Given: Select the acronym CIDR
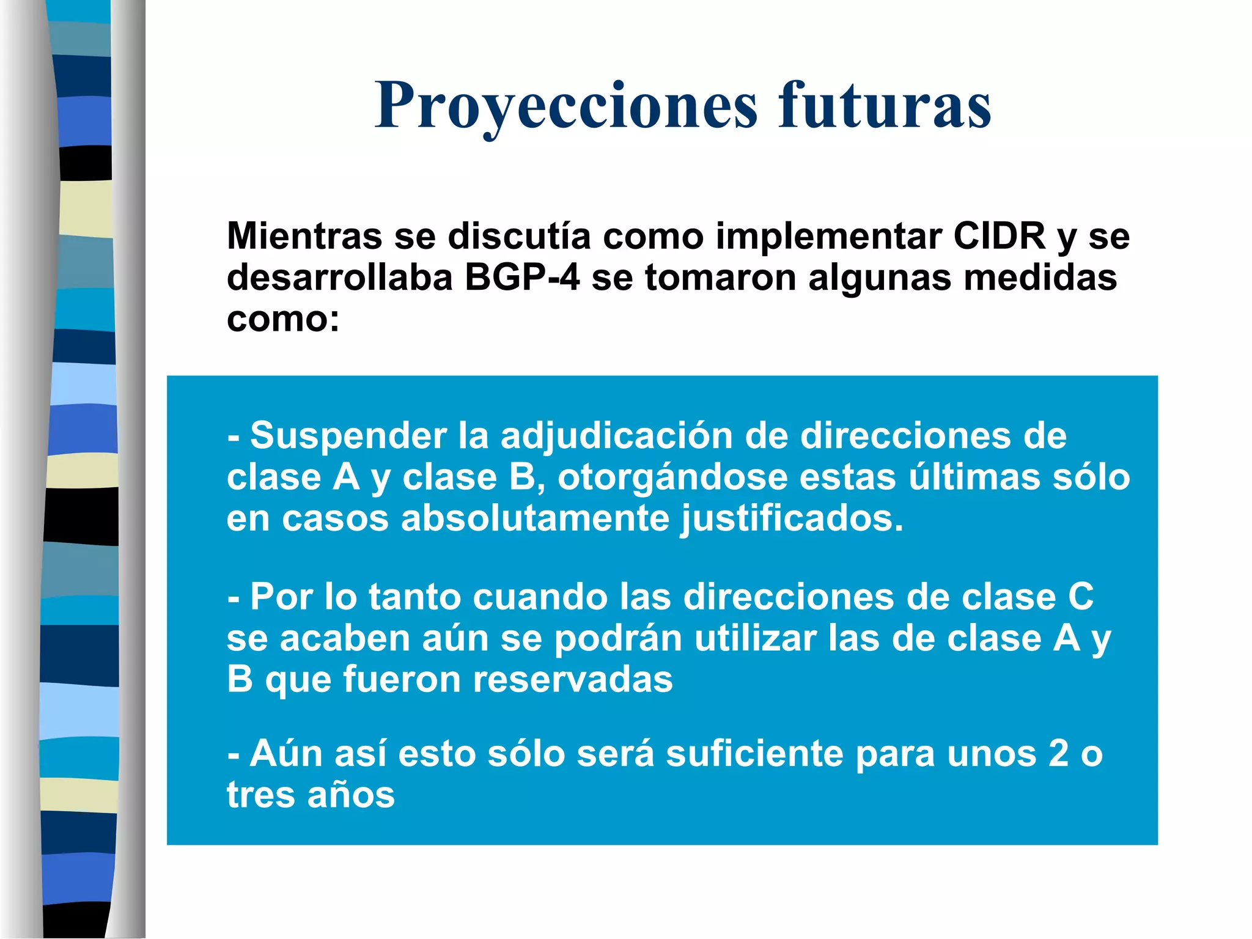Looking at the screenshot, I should point(999,236).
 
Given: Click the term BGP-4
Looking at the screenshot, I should point(521,278).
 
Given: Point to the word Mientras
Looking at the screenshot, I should point(304,236).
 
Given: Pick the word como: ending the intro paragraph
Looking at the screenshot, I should point(283,319).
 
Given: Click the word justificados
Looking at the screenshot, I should point(792,519).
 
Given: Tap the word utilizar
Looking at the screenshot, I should point(756,639).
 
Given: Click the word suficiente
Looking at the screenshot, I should point(754,754).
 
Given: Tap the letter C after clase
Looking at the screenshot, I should point(1080,597).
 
